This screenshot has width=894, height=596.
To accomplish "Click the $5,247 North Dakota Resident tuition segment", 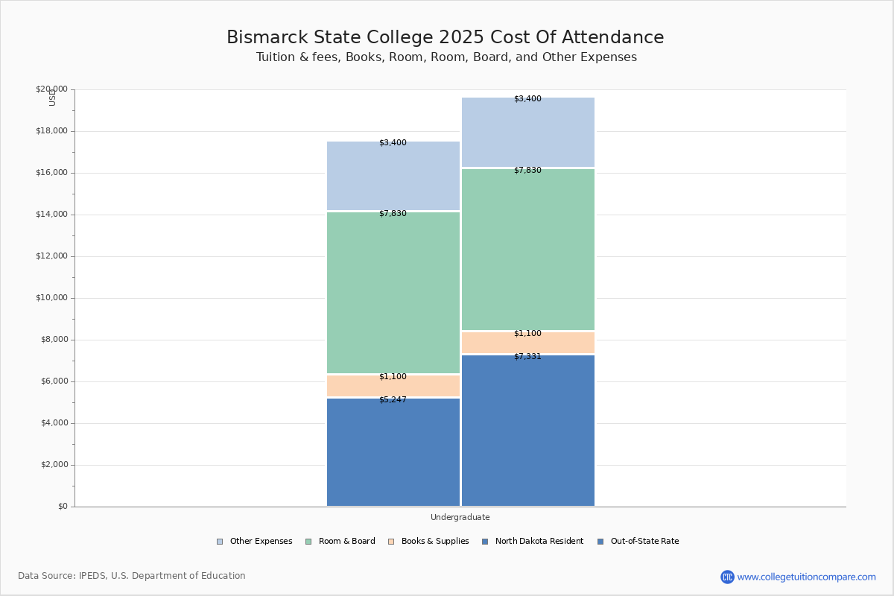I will (x=393, y=452).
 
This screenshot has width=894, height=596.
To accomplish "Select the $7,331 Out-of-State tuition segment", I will (x=528, y=431).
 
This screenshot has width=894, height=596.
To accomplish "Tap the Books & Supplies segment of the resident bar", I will (x=393, y=386).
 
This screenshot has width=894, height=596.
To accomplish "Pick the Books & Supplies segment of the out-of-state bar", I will (x=528, y=343).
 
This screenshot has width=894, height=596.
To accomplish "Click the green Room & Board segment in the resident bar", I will (x=393, y=293).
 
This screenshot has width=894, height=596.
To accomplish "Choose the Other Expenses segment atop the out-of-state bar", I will (x=528, y=133).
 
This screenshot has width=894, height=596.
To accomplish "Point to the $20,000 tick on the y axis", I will (x=51, y=89).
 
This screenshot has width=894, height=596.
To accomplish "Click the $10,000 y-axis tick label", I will (x=51, y=298).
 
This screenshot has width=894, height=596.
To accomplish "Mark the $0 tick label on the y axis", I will (x=62, y=507).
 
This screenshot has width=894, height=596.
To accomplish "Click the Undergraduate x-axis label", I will (x=460, y=517).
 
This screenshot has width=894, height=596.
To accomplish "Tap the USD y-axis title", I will (x=52, y=98).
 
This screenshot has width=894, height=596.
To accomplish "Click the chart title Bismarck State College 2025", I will (x=446, y=38).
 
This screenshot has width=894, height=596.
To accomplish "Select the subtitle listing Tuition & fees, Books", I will (x=446, y=57).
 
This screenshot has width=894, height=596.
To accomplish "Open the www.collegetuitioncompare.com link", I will (x=806, y=577).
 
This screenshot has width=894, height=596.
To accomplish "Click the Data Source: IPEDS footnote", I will (x=132, y=576).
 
